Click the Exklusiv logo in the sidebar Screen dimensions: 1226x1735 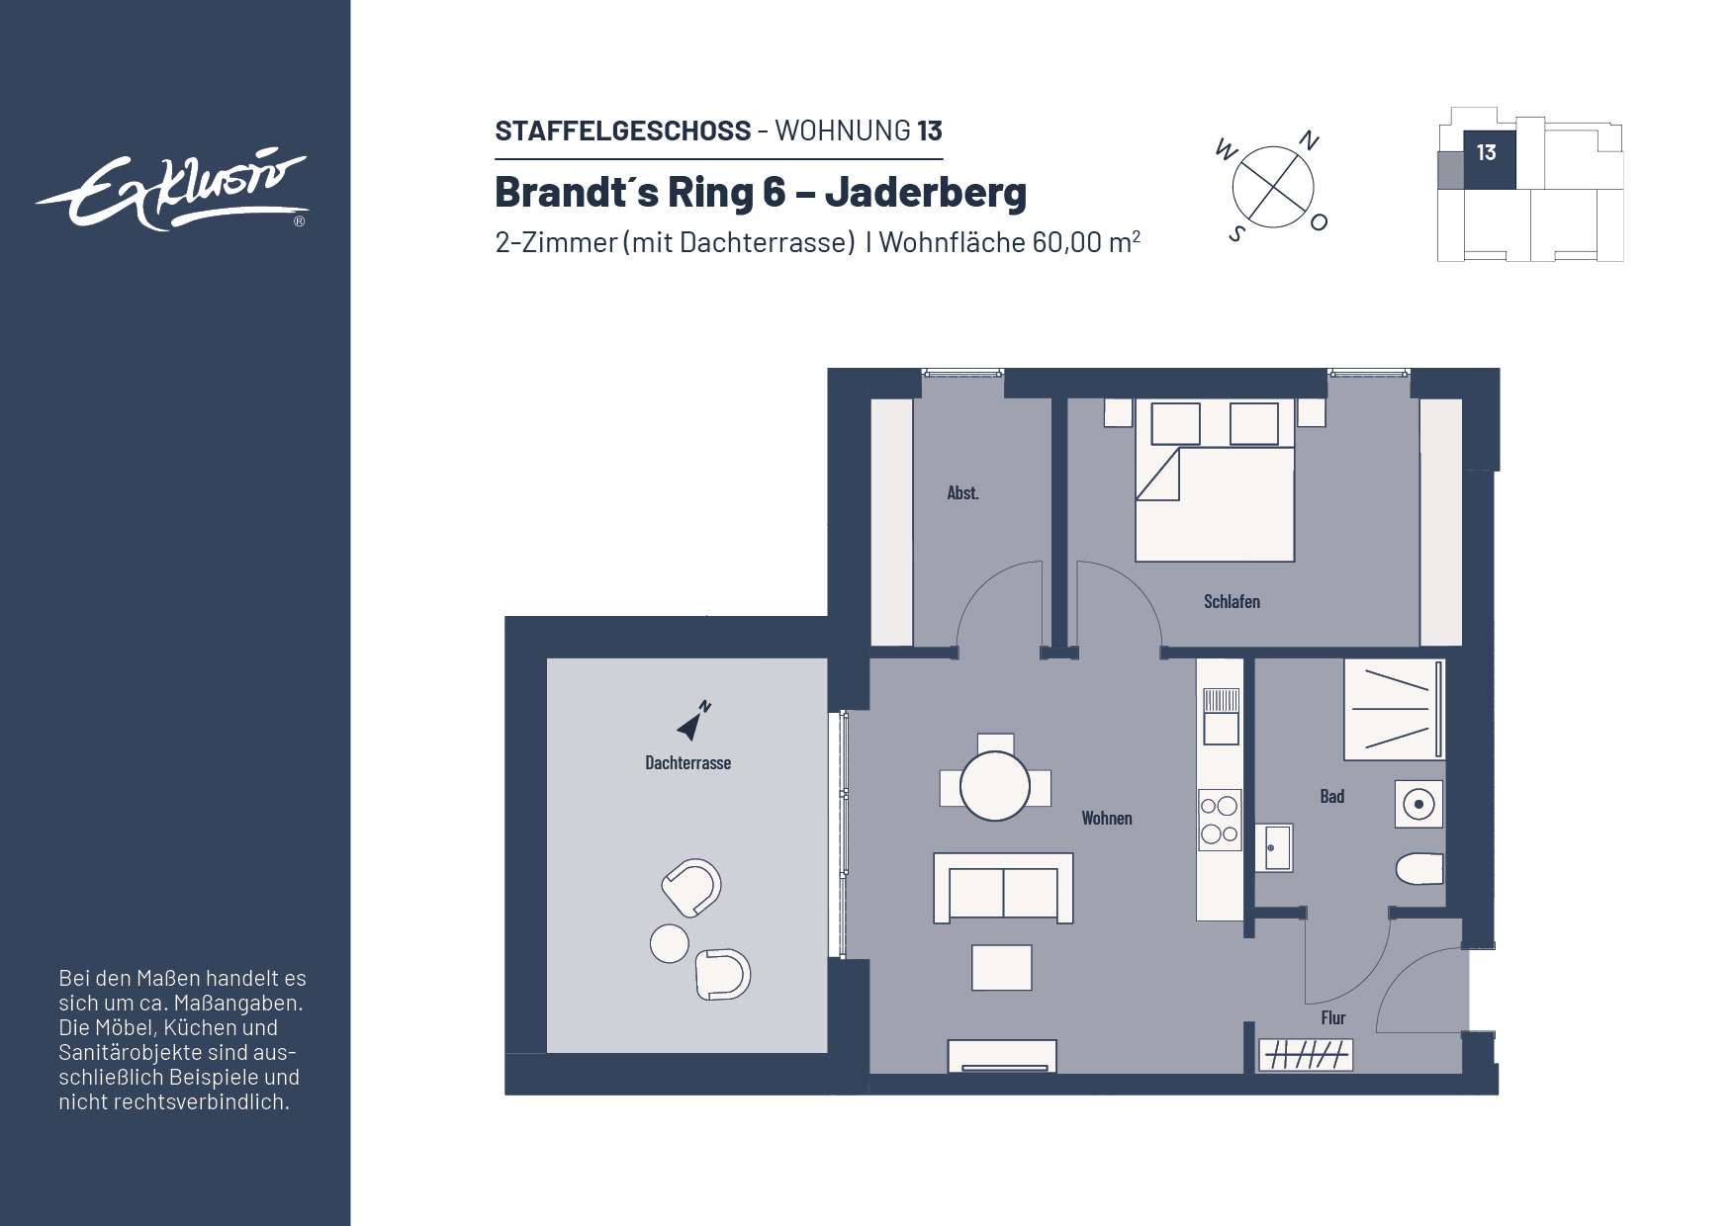pyautogui.click(x=173, y=191)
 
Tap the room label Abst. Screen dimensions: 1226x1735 pyautogui.click(x=962, y=492)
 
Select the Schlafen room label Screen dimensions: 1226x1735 pyautogui.click(x=1232, y=601)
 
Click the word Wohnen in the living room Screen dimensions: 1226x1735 pyautogui.click(x=1106, y=818)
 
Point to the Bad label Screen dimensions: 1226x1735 pyautogui.click(x=1331, y=796)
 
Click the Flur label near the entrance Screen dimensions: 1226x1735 pyautogui.click(x=1332, y=1017)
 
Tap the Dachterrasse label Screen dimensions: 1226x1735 pyautogui.click(x=687, y=762)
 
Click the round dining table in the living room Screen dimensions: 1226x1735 pyautogui.click(x=995, y=787)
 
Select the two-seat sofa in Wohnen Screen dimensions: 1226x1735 pyautogui.click(x=1003, y=889)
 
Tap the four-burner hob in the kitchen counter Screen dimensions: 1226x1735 pyautogui.click(x=1220, y=820)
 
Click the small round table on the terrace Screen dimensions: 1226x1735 pyautogui.click(x=669, y=943)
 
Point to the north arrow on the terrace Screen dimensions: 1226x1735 pyautogui.click(x=691, y=723)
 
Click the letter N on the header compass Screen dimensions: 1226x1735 pyautogui.click(x=1309, y=141)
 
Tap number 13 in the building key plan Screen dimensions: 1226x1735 pyautogui.click(x=1486, y=153)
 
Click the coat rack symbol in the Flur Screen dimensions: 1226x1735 pyautogui.click(x=1306, y=1056)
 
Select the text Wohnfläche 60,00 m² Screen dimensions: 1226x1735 pyautogui.click(x=1009, y=242)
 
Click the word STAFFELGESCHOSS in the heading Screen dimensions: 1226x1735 pyautogui.click(x=622, y=131)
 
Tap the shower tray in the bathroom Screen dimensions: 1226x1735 pyautogui.click(x=1392, y=710)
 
